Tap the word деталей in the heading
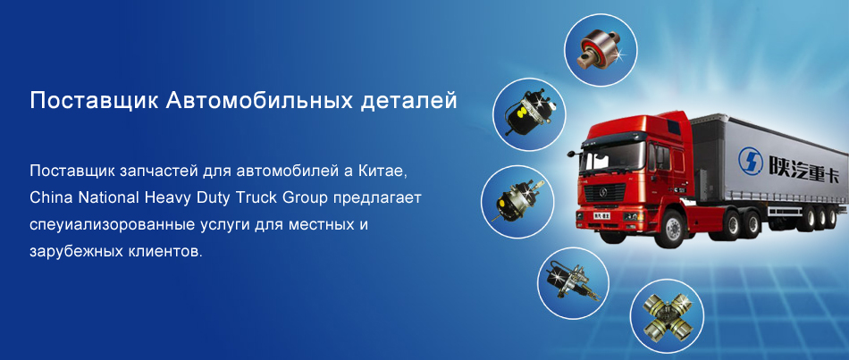coord(408,102)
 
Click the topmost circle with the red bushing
coord(601,50)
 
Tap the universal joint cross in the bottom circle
coord(667,315)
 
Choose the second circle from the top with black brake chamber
coord(529,114)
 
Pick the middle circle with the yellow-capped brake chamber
coord(517,202)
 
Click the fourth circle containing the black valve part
coord(574,282)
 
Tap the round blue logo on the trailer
coord(750,159)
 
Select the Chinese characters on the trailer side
coord(803,166)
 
